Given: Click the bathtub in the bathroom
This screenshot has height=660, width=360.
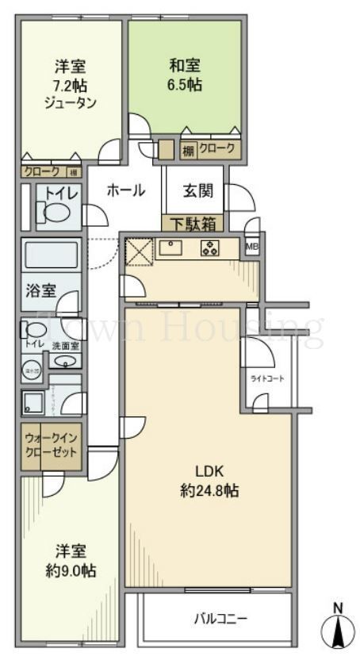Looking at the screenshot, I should tap(51, 256).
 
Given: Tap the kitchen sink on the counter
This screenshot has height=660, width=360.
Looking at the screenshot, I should tap(171, 248).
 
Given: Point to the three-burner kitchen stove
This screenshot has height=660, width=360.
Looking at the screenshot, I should tap(211, 248).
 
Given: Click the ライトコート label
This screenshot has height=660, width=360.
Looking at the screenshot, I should tap(268, 378).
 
